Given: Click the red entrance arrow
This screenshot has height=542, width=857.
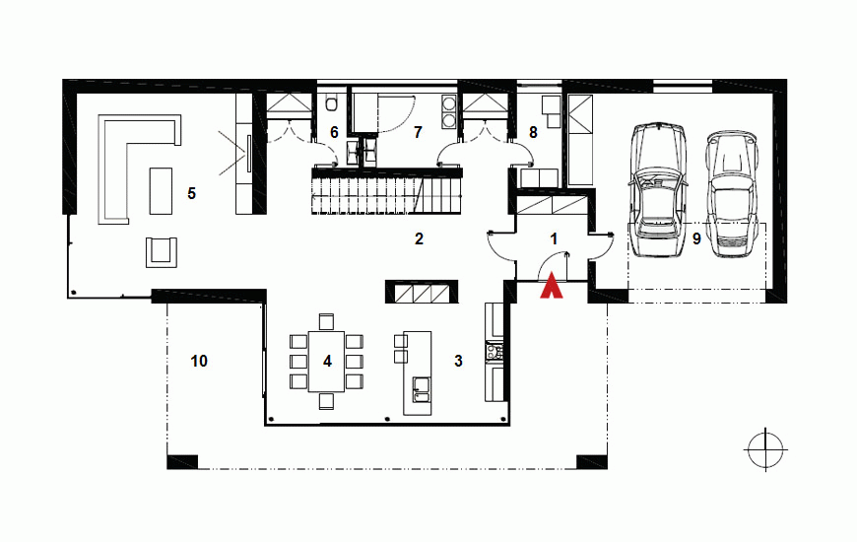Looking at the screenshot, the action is click(x=552, y=286).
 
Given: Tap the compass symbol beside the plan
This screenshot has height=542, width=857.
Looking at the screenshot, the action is click(x=765, y=449).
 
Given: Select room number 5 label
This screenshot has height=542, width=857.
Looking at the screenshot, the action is click(x=191, y=193).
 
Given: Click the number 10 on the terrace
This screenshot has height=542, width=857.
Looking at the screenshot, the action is click(x=199, y=361).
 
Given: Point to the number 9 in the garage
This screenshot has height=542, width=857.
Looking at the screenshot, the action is click(x=696, y=239).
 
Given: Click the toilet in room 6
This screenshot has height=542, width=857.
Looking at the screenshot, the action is click(x=332, y=103).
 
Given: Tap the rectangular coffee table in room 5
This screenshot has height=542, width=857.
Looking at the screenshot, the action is click(x=161, y=191).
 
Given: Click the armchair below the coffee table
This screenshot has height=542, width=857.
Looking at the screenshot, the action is click(x=162, y=252).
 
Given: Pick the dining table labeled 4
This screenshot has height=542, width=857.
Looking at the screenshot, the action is click(x=327, y=361).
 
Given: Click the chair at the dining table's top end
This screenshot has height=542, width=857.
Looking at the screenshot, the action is click(x=326, y=321).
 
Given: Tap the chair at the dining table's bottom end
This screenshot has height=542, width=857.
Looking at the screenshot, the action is click(x=326, y=401).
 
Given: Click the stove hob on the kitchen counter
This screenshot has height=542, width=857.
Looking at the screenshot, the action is click(x=494, y=351).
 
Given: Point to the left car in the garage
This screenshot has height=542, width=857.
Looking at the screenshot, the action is click(x=656, y=189).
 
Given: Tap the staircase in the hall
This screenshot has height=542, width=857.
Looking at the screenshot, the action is click(x=387, y=191).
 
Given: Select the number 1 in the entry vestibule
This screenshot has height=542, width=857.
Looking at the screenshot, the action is click(x=554, y=239).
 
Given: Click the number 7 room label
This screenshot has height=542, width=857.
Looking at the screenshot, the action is click(x=418, y=132).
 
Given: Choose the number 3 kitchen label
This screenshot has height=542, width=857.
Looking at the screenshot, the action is click(x=458, y=361).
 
